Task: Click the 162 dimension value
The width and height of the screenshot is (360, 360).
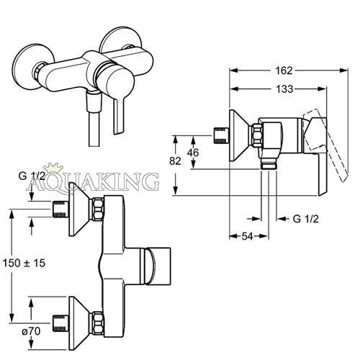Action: (x=284, y=71)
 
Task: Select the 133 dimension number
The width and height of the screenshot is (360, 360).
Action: (x=284, y=89)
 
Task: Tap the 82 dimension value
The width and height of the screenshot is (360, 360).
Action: (x=175, y=161)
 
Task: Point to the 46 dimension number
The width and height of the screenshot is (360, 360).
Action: (x=193, y=153)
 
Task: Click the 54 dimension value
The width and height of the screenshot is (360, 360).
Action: (x=247, y=236)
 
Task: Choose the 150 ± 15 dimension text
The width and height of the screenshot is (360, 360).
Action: (x=24, y=263)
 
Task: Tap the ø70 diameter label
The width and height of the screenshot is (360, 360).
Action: (x=31, y=331)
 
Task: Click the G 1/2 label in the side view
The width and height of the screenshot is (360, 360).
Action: (x=306, y=219)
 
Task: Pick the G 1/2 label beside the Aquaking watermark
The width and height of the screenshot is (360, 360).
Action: (x=32, y=176)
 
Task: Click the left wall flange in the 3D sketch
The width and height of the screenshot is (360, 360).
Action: (x=32, y=68)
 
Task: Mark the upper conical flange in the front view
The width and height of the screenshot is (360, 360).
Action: (x=78, y=209)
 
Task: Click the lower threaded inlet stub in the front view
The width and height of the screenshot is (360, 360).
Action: (x=60, y=323)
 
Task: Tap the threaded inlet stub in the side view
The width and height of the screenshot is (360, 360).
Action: (x=221, y=135)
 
